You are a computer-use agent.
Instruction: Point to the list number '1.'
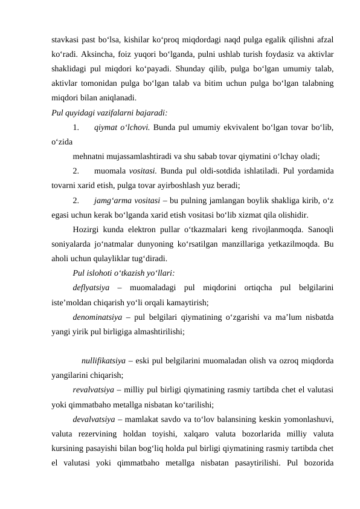click(x=76, y=127)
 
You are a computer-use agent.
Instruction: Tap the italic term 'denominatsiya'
click(x=97, y=318)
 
